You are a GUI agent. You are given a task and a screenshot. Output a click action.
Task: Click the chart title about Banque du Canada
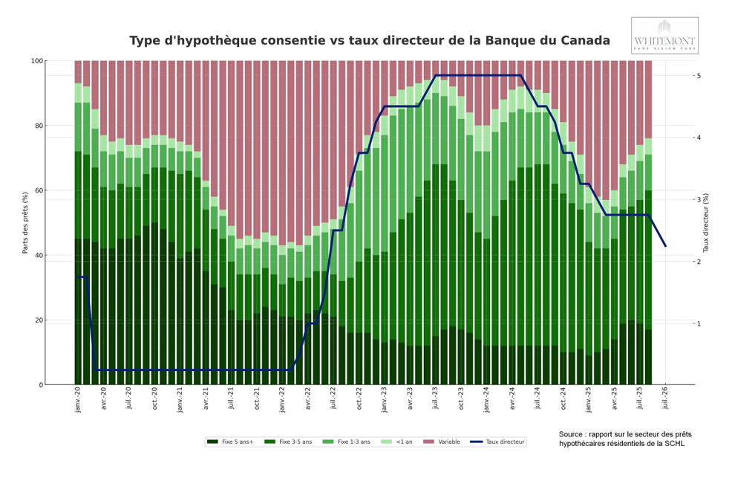369,41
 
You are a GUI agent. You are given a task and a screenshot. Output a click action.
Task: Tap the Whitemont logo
664,36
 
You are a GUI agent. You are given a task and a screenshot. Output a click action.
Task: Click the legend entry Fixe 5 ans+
232,442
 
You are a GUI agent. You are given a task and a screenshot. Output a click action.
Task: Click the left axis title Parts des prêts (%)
25,222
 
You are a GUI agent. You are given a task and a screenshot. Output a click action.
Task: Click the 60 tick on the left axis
39,190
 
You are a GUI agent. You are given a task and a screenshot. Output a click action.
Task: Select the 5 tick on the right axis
699,76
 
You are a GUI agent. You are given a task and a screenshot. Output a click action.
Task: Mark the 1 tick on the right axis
699,323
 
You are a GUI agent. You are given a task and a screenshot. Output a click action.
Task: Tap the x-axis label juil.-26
665,399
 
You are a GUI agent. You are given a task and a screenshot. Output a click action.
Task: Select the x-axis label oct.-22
359,398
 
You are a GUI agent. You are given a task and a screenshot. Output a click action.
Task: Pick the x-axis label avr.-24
512,398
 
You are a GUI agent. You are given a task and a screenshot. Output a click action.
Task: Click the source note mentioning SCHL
624,439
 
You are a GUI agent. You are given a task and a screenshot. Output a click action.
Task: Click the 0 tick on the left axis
41,385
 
